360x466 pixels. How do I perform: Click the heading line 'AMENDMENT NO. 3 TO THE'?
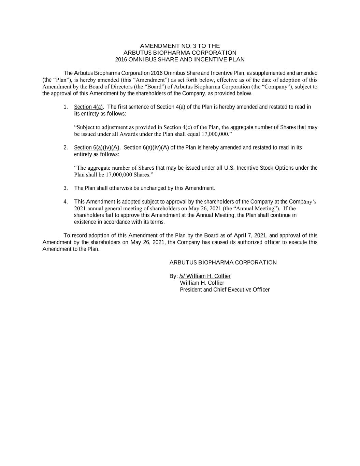[180, 46]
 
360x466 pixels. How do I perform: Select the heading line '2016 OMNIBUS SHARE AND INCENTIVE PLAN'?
[180, 59]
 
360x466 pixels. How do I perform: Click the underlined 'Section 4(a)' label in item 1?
[88, 107]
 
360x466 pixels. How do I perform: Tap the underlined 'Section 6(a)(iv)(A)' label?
[97, 147]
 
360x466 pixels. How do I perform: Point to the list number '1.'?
[66, 107]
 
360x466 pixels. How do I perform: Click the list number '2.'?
[66, 147]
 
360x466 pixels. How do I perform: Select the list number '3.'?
[66, 188]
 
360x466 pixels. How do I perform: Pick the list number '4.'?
[66, 202]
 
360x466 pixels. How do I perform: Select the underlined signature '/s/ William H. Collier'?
[205, 276]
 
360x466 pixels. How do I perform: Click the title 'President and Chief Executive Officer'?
[225, 290]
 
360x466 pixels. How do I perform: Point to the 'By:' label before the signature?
[173, 276]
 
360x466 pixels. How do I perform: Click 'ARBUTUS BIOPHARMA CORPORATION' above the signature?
[223, 263]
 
